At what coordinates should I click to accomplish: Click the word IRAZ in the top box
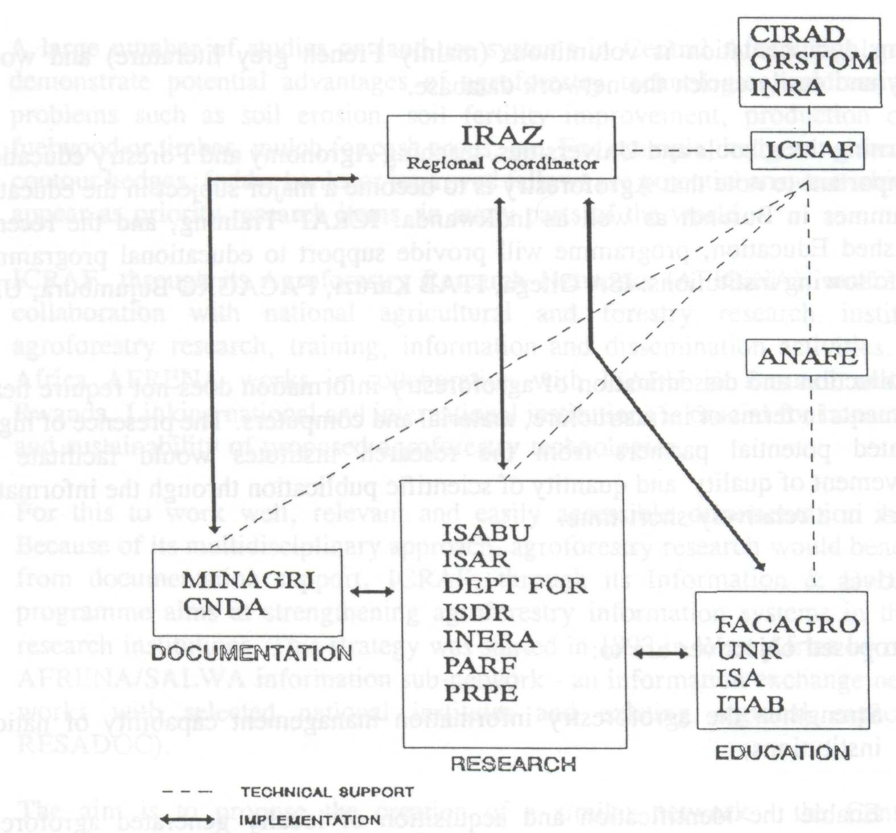(502, 136)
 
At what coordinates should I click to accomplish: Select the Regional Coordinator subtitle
(503, 164)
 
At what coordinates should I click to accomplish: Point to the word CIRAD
(797, 34)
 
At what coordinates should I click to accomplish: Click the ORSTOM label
(814, 61)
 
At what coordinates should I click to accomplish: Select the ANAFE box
(807, 357)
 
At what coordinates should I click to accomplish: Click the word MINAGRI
(248, 580)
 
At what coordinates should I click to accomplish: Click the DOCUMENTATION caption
(251, 653)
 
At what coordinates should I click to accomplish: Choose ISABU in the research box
(486, 533)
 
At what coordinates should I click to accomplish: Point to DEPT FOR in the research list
(515, 586)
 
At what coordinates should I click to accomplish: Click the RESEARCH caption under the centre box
(513, 764)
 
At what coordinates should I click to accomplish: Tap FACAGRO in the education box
(787, 624)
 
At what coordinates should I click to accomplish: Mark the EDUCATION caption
(782, 753)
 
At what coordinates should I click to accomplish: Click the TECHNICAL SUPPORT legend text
(327, 792)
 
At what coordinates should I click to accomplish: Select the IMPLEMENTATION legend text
(309, 820)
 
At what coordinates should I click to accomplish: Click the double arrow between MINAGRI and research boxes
(372, 592)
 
